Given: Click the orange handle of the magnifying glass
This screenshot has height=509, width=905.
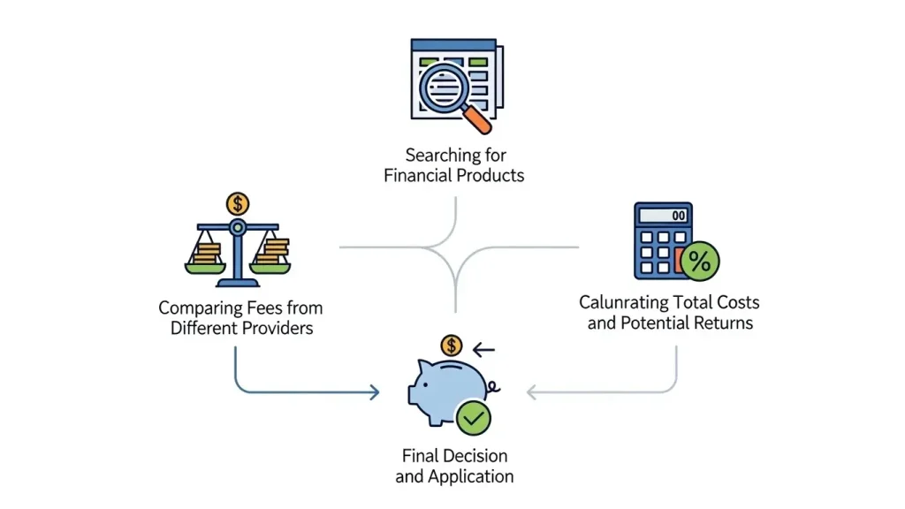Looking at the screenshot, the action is tap(476, 119).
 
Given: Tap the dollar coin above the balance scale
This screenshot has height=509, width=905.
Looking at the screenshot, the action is tap(237, 204).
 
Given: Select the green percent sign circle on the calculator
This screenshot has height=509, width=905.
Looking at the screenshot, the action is tap(700, 262).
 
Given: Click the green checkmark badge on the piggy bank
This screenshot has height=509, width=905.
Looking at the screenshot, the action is tap(474, 418).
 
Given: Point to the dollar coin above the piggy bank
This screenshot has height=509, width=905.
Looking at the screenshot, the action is tap(452, 346).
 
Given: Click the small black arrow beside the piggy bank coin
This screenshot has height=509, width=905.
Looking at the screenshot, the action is tap(483, 349).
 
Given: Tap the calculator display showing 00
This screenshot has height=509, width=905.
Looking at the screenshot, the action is tap(663, 216).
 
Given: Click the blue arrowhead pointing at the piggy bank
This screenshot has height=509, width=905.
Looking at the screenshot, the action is tap(375, 392).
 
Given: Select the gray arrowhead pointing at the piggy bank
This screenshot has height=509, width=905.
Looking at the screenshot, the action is tap(531, 392).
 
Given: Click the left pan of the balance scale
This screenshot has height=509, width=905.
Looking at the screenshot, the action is tap(205, 268).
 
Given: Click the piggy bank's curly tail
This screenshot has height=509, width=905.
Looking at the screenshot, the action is tap(493, 387).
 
